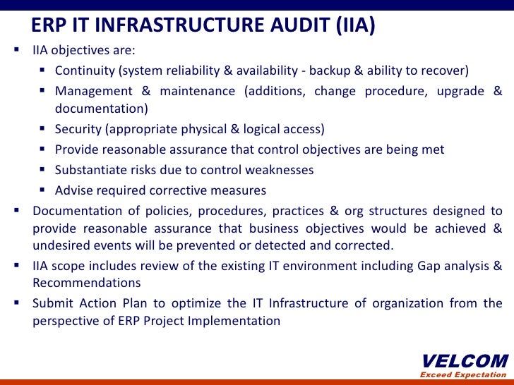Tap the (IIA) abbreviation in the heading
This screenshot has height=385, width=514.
pos(352,26)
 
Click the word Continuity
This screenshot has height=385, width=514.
pos(85,71)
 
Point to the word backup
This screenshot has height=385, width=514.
pos(338,71)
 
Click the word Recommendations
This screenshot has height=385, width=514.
pos(86,283)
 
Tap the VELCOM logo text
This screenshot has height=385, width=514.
pos(464,361)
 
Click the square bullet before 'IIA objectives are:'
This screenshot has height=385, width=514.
pos(16,51)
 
